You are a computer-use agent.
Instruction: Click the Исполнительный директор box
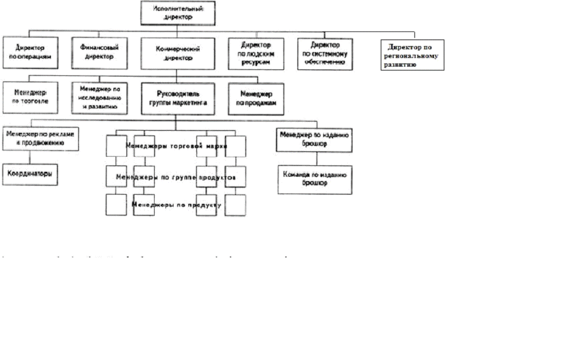coord(178,13)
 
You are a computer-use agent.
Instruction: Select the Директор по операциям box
coord(30,52)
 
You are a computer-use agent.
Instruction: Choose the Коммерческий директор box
coord(178,53)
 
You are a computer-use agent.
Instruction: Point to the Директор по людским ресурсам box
coord(256,54)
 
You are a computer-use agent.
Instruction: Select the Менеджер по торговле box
coord(30,97)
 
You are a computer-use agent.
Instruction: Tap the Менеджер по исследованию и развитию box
coord(99,98)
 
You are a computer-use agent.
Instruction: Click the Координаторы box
coord(30,175)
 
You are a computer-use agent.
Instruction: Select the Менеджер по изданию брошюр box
coord(315,140)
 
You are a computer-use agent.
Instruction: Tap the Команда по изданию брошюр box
coord(315,179)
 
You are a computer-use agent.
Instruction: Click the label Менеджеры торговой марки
coord(176,146)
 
